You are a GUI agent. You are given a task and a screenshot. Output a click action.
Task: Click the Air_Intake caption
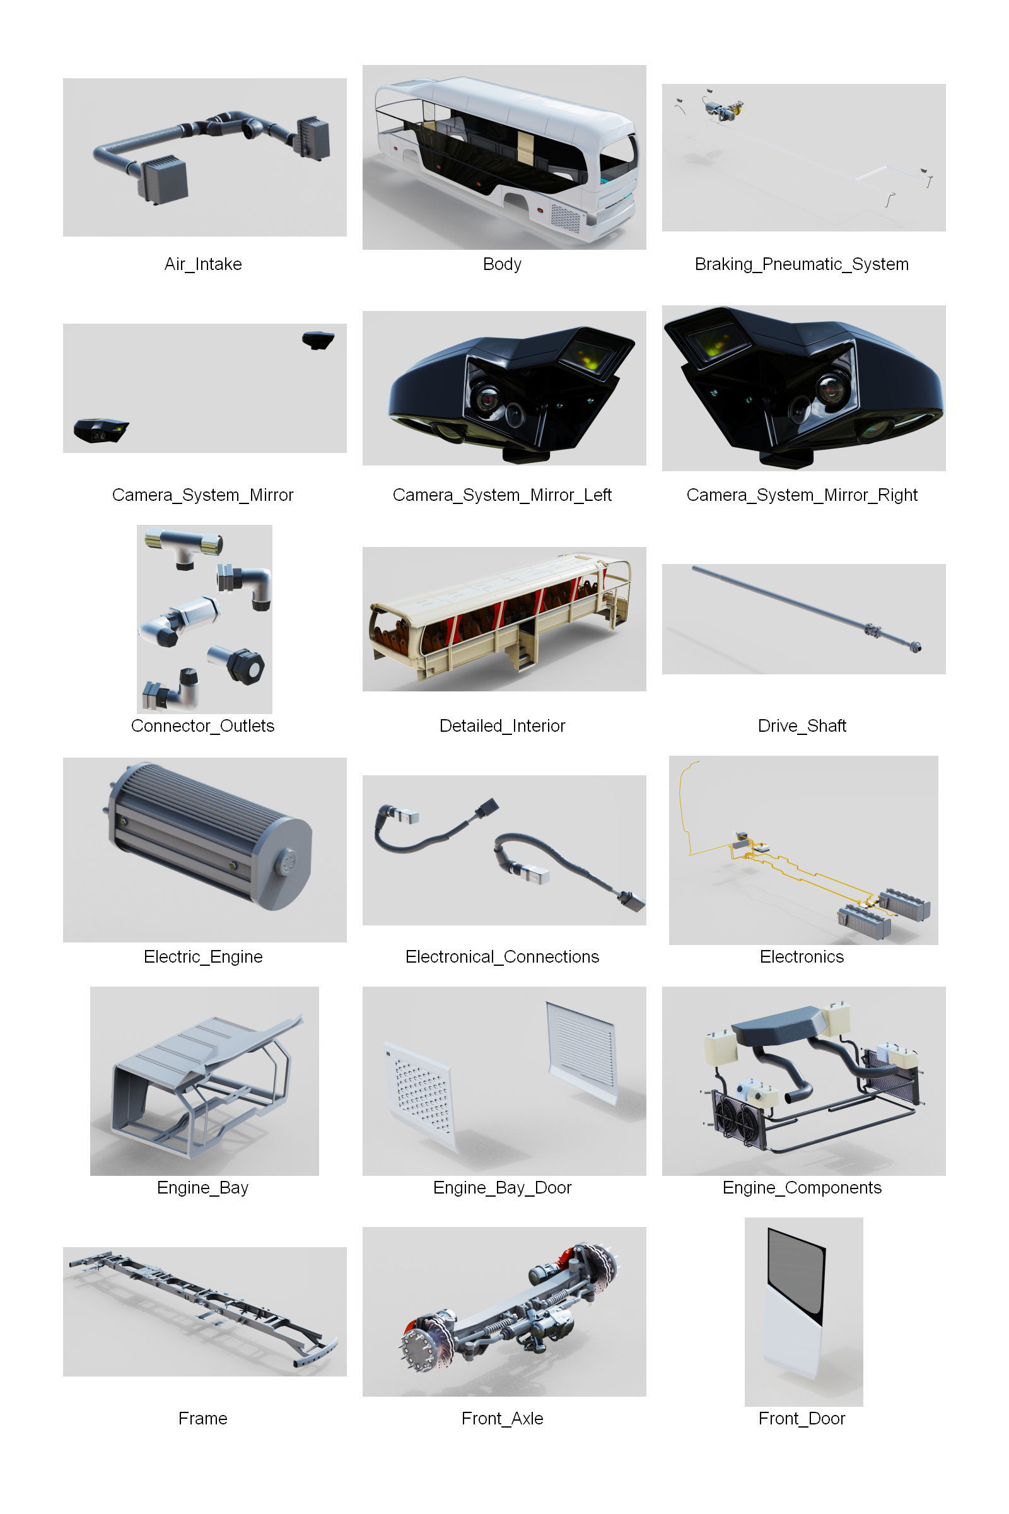pyautogui.click(x=202, y=264)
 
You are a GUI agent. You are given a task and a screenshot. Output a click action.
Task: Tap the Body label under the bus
pyautogui.click(x=502, y=264)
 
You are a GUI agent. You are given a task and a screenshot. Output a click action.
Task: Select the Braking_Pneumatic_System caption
pyautogui.click(x=801, y=264)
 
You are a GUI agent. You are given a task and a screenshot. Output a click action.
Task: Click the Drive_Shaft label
pyautogui.click(x=801, y=725)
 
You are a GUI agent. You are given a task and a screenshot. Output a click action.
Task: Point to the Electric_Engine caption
pyautogui.click(x=202, y=956)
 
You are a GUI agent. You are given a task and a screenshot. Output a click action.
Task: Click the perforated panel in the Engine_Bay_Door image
pyautogui.click(x=421, y=1094)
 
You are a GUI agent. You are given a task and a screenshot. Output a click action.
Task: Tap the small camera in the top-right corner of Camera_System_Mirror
pyautogui.click(x=318, y=339)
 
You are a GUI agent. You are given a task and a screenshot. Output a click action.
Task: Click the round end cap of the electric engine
pyautogui.click(x=286, y=861)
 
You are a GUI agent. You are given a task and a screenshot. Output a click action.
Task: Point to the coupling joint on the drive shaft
pyautogui.click(x=873, y=630)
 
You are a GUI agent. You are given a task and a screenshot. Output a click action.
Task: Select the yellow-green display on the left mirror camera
pyautogui.click(x=588, y=355)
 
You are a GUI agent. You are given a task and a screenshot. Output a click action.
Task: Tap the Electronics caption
pyautogui.click(x=801, y=956)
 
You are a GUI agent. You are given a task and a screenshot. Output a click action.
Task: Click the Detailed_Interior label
pyautogui.click(x=502, y=725)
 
